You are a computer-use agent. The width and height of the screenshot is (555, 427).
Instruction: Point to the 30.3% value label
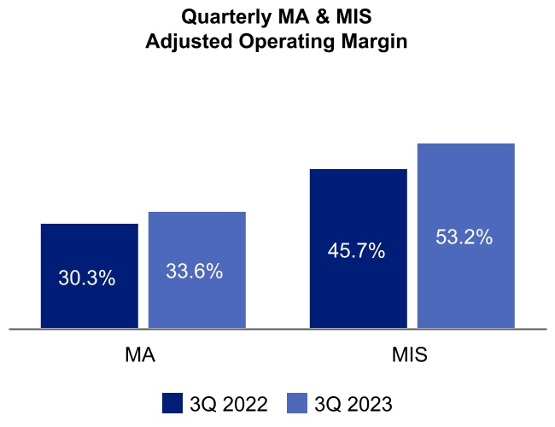point(87,278)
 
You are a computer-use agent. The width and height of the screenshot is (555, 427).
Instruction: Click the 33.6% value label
point(195,272)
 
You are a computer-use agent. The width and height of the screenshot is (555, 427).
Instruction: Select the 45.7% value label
point(356,251)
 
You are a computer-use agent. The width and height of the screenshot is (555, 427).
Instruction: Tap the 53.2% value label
point(464,237)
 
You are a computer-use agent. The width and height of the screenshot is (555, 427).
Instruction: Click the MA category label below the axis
point(140,355)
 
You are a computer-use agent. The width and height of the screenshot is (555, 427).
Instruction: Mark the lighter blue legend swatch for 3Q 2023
point(296,403)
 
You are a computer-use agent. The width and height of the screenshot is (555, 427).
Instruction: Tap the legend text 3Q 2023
point(353,404)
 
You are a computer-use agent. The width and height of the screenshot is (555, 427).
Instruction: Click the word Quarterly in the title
point(225,16)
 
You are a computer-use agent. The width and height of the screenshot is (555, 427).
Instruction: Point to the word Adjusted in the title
point(184,40)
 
